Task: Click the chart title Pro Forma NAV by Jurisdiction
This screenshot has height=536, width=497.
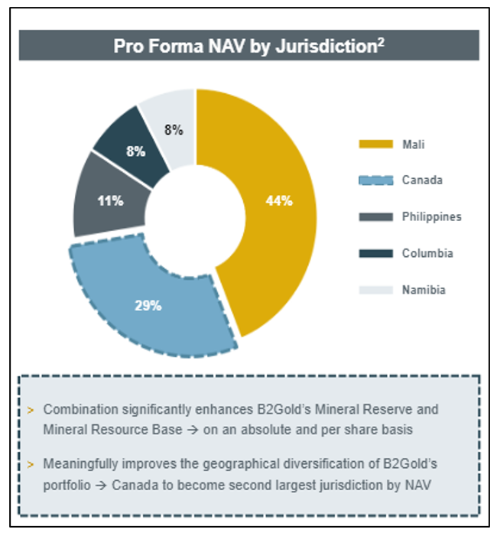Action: pos(245,46)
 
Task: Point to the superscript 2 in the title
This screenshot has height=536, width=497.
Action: pos(380,41)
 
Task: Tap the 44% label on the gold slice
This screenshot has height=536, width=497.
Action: pos(279,201)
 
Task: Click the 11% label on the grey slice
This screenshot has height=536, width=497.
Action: pos(110,201)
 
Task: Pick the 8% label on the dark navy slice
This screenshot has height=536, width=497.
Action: pos(136,151)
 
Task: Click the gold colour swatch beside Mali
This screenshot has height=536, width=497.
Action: pos(374,144)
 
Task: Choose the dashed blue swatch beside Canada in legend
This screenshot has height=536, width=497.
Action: pos(374,180)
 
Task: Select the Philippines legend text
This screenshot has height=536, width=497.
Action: pos(431,217)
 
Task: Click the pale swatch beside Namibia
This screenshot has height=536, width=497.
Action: pos(374,290)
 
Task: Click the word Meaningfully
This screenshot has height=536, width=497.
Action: pos(79,464)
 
